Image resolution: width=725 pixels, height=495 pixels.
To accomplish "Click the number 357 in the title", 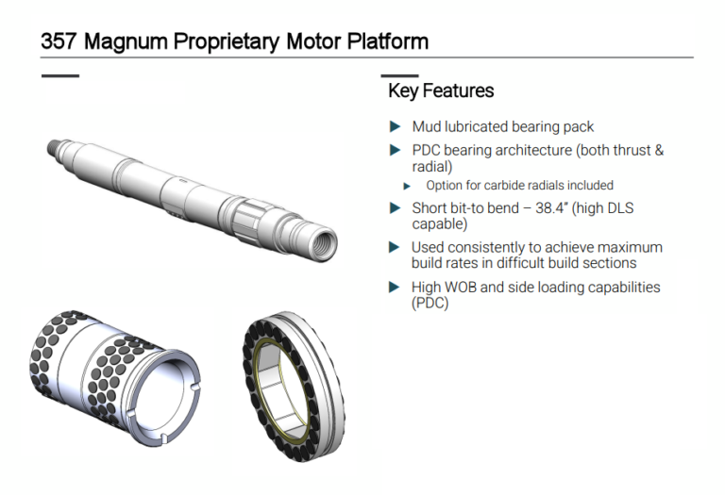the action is coord(58,41).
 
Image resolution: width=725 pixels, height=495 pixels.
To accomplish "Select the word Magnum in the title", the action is coord(126,42).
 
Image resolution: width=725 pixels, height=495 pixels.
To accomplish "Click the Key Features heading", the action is coord(441,91).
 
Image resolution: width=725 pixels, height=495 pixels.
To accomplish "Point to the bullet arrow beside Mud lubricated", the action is coord(395,126).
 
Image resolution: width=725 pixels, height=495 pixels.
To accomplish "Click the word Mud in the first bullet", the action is coord(427,126).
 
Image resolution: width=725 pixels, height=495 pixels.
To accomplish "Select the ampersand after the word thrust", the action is coord(658,150).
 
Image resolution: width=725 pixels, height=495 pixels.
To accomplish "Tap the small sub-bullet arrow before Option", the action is coord(407,186).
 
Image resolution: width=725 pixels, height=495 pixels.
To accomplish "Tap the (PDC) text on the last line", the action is coord(430,303).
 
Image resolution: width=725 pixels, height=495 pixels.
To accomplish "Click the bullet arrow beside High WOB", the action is coord(395,288).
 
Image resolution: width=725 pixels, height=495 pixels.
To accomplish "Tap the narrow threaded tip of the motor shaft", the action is coord(54,148).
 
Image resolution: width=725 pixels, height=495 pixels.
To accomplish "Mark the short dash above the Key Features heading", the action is coord(399,75).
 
